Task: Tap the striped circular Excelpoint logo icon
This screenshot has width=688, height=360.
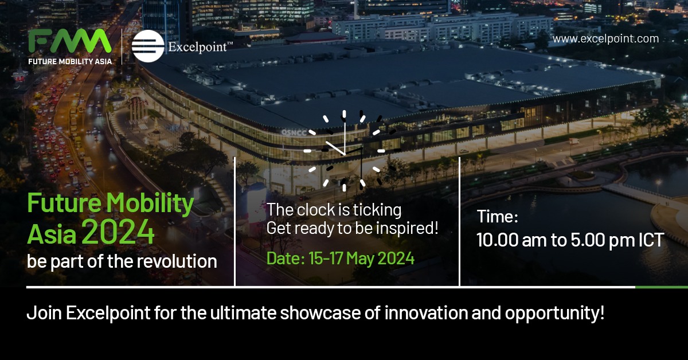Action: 148,46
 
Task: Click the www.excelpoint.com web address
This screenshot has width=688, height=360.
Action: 605,39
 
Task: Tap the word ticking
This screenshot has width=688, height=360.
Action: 373,210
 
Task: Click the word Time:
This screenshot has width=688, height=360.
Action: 498,218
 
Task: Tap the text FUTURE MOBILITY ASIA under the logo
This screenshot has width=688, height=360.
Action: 70,60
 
